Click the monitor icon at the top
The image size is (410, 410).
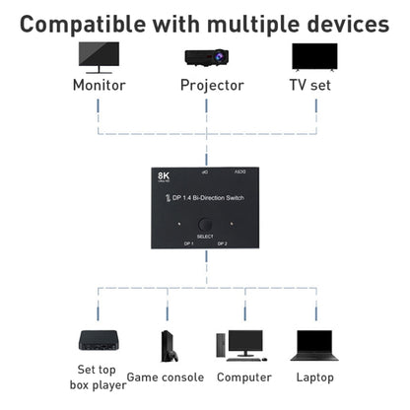point(99,56)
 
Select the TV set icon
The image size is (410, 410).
point(315,56)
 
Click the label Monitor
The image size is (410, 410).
point(99,85)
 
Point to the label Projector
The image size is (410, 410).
point(211,85)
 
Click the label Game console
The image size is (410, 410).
point(165,377)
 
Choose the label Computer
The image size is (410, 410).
point(243,377)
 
